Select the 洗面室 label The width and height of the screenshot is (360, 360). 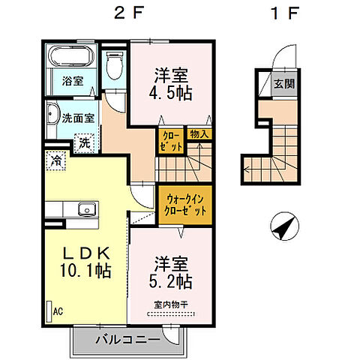(x=76, y=118)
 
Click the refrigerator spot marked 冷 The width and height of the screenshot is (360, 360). (x=55, y=159)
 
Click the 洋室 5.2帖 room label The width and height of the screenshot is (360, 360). (x=173, y=274)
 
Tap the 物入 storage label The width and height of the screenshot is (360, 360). (x=200, y=134)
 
